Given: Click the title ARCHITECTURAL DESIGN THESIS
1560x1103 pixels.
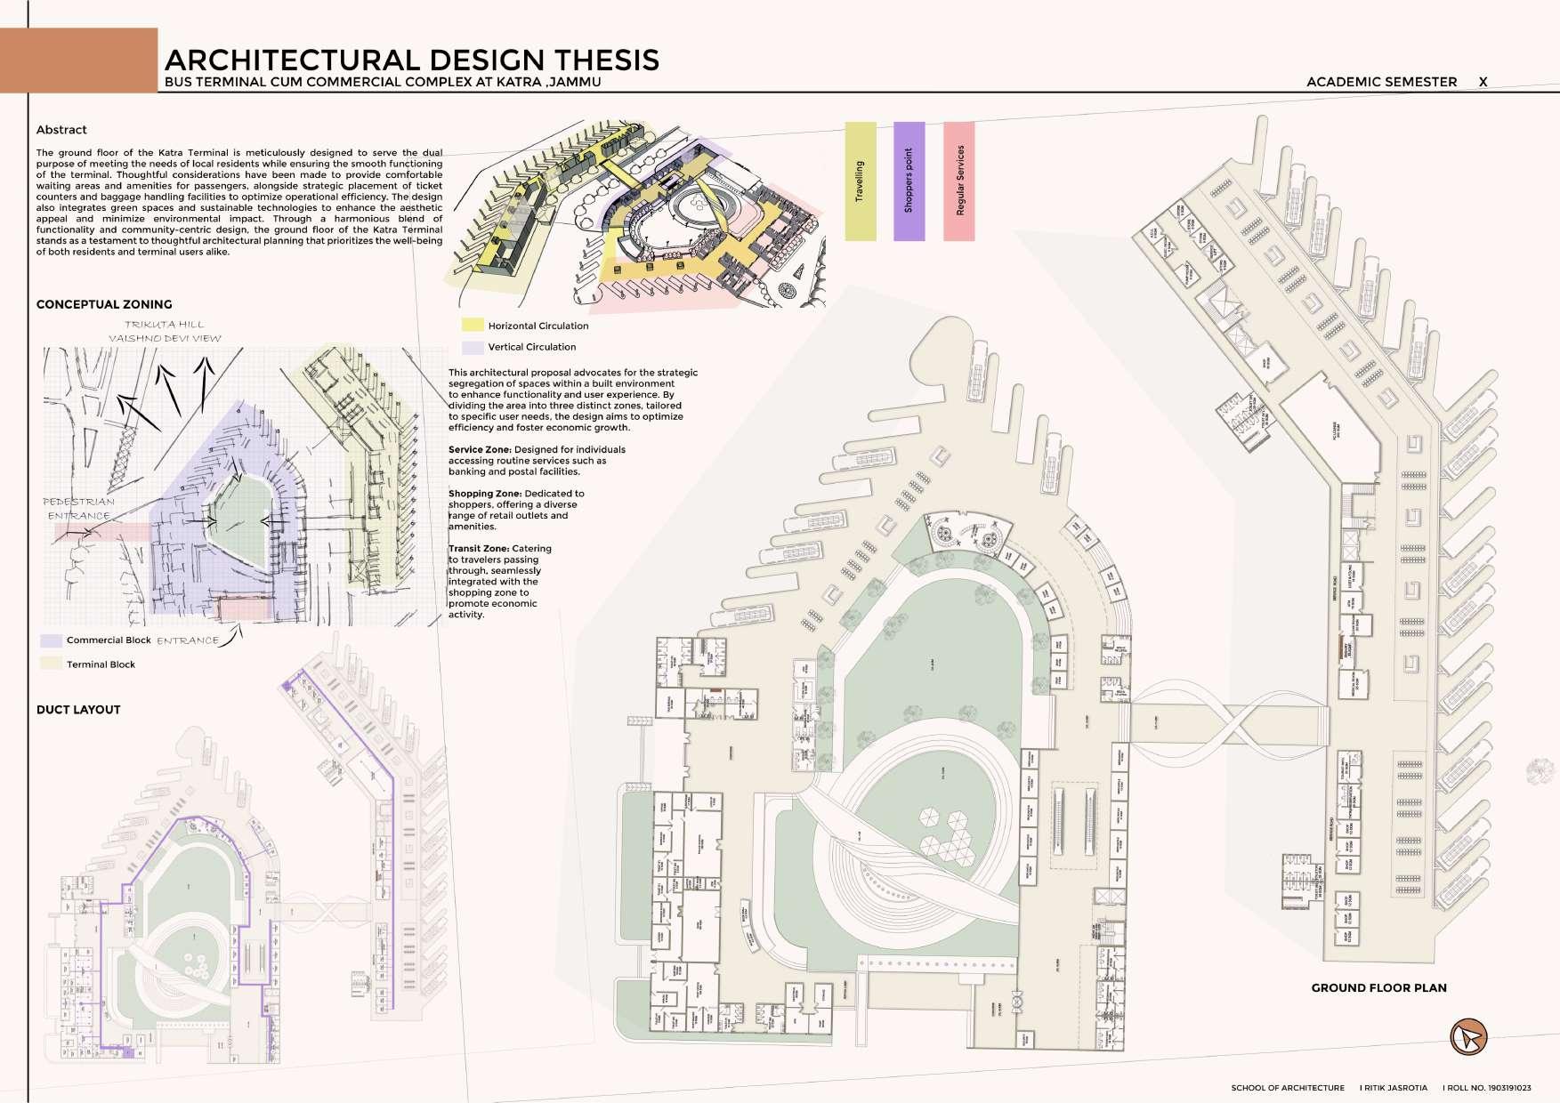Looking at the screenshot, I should (x=412, y=60).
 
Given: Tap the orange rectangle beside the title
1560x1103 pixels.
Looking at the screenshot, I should (x=79, y=60).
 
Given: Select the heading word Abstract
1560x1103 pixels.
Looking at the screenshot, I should (x=61, y=130).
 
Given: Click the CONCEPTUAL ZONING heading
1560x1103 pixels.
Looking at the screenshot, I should (x=104, y=304).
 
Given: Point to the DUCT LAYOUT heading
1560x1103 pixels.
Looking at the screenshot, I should (x=78, y=710).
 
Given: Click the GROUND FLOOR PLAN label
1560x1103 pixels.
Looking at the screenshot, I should (x=1378, y=987).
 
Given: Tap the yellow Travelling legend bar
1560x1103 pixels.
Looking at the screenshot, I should (x=860, y=181).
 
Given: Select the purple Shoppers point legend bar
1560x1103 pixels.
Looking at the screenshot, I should (x=909, y=181).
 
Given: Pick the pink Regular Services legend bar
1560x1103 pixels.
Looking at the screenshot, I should (x=959, y=181).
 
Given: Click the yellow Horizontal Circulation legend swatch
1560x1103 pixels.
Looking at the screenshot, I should (x=473, y=326).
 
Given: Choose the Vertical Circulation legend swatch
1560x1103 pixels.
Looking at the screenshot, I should (x=473, y=347).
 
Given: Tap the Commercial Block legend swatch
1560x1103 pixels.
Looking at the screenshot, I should (x=52, y=640).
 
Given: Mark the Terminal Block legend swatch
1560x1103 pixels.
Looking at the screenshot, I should (x=52, y=664).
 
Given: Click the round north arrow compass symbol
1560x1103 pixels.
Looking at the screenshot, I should (x=1468, y=1037).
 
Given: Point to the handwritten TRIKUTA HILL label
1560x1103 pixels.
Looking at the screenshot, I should (x=165, y=325).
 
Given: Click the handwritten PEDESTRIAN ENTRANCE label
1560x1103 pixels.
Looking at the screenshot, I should (x=79, y=509).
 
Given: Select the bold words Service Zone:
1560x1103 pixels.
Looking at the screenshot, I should (x=480, y=450).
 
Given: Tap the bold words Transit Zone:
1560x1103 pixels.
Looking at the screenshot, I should (x=479, y=549).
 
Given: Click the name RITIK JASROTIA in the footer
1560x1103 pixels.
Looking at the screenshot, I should (x=1395, y=1088).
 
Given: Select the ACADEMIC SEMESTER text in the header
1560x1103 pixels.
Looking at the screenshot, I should (x=1381, y=82).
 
